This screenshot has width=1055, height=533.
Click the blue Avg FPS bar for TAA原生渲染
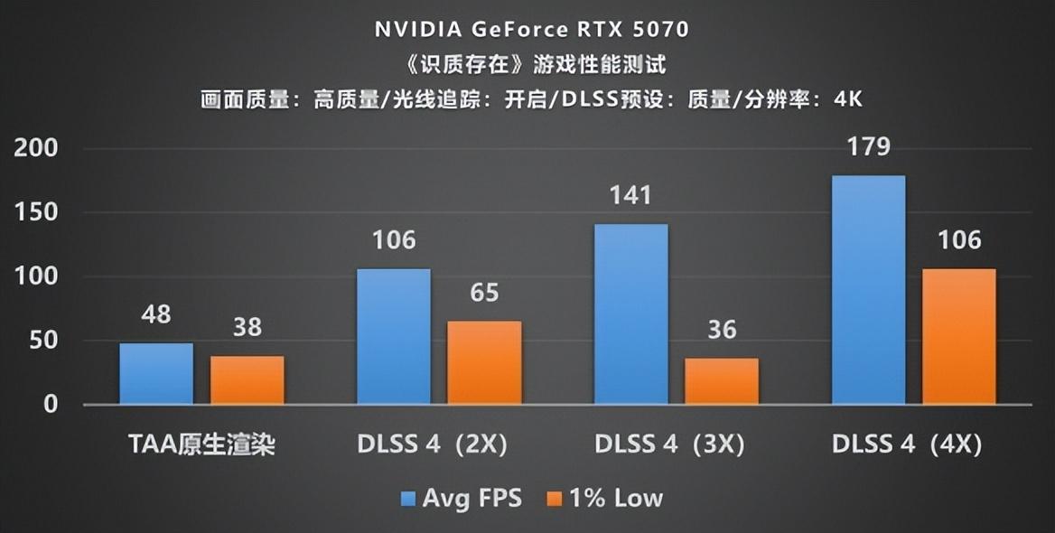(156, 374)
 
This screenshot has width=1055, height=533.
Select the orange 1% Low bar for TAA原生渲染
(247, 380)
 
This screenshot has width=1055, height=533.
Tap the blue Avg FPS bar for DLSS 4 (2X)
(394, 336)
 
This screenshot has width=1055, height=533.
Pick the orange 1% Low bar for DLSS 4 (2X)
(484, 362)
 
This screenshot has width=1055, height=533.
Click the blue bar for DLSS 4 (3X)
(630, 313)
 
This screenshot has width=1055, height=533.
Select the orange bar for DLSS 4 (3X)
(721, 381)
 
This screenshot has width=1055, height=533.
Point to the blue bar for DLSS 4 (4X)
(868, 289)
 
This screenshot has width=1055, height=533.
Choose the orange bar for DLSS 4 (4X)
(958, 336)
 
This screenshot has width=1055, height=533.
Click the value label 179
(869, 146)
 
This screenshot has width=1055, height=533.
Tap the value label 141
(630, 195)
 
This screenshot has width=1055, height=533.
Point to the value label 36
(721, 330)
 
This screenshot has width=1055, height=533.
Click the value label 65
(484, 293)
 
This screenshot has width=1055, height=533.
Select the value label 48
(156, 315)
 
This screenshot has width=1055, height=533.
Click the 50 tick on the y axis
(43, 341)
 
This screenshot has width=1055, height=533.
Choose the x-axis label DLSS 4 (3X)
(669, 444)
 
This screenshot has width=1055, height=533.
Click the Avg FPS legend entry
(460, 498)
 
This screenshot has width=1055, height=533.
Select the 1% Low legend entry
(604, 498)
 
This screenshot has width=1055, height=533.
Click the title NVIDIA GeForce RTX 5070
(532, 29)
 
